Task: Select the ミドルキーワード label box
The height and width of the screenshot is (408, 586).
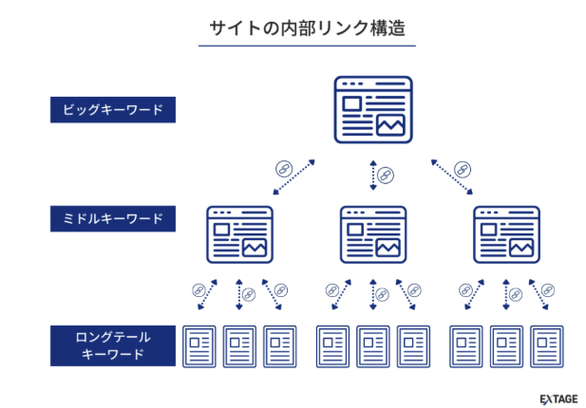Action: pyautogui.click(x=114, y=220)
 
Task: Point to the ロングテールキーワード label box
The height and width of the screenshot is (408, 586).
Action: pyautogui.click(x=114, y=345)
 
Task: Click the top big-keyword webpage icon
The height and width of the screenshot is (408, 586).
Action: pyautogui.click(x=373, y=109)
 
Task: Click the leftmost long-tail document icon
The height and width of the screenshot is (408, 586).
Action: pyautogui.click(x=199, y=347)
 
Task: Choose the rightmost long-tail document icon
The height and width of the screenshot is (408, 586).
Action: pyautogui.click(x=548, y=347)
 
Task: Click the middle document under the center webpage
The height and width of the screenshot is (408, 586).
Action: pyautogui.click(x=373, y=347)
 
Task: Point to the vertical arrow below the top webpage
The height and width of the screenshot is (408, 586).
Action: pyautogui.click(x=373, y=176)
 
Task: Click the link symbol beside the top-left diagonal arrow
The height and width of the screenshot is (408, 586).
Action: pyautogui.click(x=283, y=168)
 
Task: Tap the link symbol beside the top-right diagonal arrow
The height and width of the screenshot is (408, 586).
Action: pyautogui.click(x=463, y=168)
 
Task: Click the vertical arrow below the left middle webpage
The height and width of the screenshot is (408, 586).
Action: pyautogui.click(x=239, y=293)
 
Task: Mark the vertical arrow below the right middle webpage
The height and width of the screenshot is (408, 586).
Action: pyautogui.click(x=506, y=293)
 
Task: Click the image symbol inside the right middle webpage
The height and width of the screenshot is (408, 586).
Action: pyautogui.click(x=520, y=247)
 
